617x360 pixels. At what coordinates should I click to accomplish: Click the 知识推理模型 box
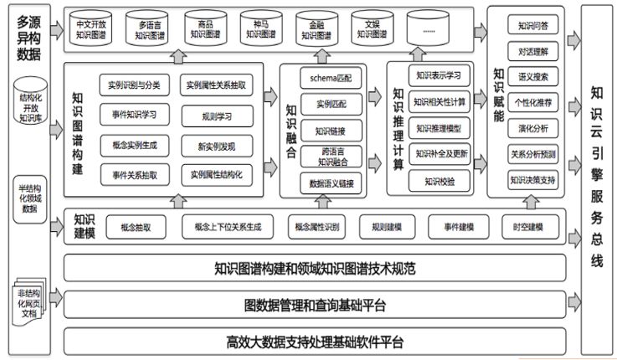tap(440, 129)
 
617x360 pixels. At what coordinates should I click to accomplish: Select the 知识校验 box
tap(440, 179)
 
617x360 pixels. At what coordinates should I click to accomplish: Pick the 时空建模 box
tap(528, 226)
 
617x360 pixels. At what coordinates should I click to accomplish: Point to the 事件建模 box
tap(453, 226)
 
